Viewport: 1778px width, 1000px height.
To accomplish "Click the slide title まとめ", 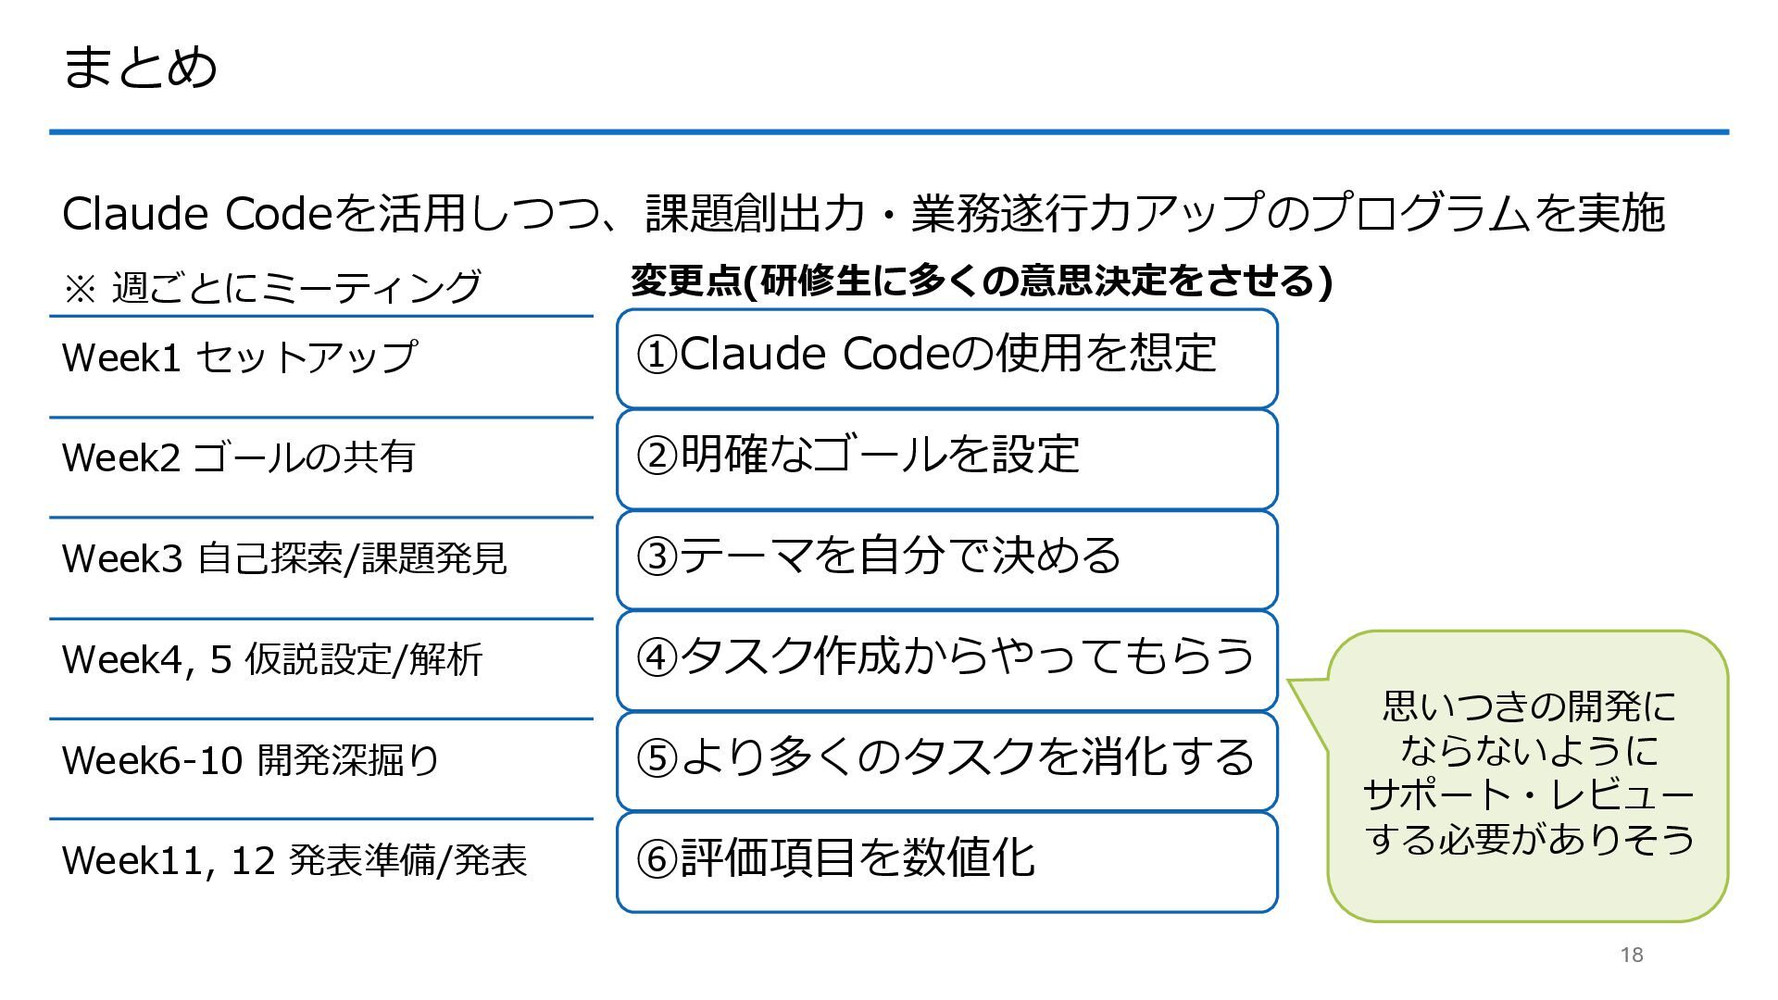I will coord(140,67).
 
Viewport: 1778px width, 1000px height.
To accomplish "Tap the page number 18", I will coord(1632,955).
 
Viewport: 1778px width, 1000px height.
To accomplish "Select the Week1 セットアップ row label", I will coord(239,357).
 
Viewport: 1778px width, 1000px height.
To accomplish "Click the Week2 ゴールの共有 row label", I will coord(238,457).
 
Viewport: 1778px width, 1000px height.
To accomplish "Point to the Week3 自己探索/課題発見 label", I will coord(284,558).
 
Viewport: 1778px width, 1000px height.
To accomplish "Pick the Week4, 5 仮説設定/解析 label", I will coord(272,659).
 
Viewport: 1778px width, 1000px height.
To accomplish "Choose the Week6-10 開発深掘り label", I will coord(250,760).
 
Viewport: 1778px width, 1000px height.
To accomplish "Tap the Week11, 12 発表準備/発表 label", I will coord(294,861).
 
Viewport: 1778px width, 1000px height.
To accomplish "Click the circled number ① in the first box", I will coord(657,355).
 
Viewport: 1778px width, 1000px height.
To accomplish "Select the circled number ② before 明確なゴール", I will coord(657,456).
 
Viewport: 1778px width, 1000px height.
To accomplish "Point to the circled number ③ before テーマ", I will coord(657,556).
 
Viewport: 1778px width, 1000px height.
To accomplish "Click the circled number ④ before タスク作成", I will coord(657,657).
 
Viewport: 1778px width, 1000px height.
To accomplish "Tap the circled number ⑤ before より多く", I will coord(657,758).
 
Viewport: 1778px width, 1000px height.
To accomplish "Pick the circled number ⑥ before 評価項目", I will coord(657,859).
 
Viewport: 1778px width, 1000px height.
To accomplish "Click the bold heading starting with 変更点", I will coord(981,281).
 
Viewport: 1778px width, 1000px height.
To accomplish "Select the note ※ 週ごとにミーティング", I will coord(271,287).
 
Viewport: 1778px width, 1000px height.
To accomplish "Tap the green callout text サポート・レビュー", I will coord(1528,795).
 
